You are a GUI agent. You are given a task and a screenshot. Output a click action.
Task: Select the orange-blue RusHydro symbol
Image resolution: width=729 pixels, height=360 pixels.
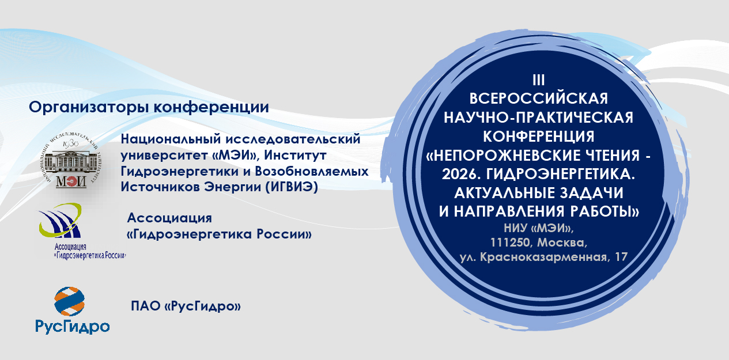click(x=69, y=302)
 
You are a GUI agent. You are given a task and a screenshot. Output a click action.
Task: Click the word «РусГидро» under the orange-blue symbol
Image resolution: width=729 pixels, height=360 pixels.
click(x=73, y=327)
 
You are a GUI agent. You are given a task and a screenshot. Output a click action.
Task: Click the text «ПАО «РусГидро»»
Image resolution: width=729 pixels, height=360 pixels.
click(x=186, y=307)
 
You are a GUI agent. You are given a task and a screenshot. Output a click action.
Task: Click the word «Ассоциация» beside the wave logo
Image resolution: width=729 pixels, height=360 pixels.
click(x=169, y=218)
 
